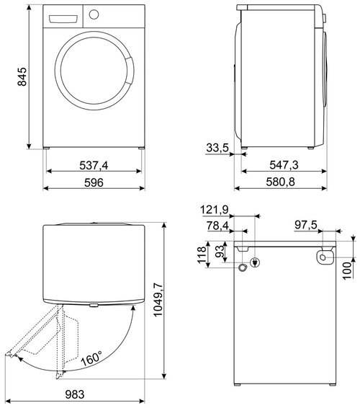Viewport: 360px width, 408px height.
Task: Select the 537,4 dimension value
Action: (x=94, y=166)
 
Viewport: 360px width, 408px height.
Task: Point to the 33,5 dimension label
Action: (x=217, y=148)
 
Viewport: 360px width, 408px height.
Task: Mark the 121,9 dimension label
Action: (x=215, y=210)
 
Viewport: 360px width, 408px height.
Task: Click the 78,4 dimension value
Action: (x=217, y=226)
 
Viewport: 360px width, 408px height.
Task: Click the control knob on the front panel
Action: (x=94, y=14)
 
